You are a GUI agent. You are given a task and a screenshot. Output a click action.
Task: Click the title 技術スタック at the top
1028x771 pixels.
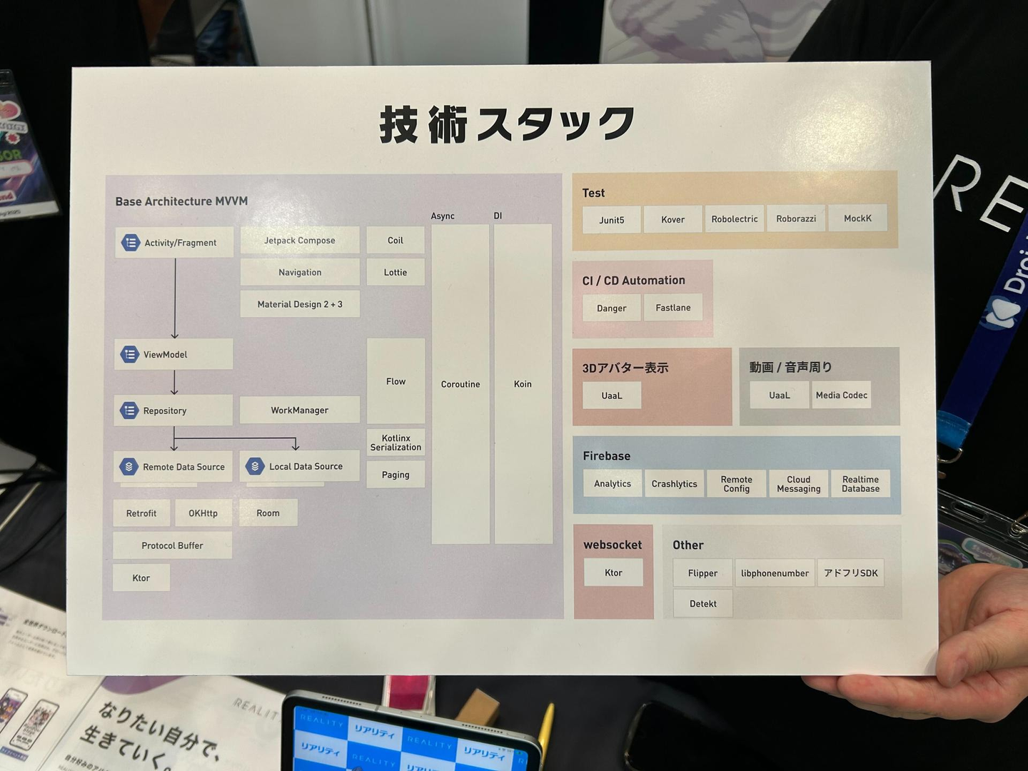pyautogui.click(x=507, y=124)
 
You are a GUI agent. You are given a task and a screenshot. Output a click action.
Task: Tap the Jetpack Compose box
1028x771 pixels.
pyautogui.click(x=300, y=241)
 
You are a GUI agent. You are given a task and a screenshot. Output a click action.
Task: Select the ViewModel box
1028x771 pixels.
pyautogui.click(x=173, y=354)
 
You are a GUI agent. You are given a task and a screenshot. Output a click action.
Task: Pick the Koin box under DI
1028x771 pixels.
pyautogui.click(x=523, y=384)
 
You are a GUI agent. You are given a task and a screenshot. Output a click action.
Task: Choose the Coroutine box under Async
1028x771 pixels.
pyautogui.click(x=460, y=384)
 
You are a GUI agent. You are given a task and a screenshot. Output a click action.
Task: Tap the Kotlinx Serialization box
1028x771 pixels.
pyautogui.click(x=395, y=443)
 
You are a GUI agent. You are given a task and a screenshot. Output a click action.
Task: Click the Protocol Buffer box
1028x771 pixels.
pyautogui.click(x=172, y=545)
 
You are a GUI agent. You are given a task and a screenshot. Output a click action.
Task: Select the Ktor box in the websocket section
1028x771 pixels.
pyautogui.click(x=613, y=573)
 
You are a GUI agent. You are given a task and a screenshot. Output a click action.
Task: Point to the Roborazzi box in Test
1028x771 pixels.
pyautogui.click(x=796, y=219)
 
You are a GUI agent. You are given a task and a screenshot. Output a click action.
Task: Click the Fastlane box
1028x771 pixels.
pyautogui.click(x=673, y=308)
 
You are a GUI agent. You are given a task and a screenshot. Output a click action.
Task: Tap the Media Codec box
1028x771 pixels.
pyautogui.click(x=842, y=395)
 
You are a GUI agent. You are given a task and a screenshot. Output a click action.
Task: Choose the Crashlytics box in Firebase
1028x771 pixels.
pyautogui.click(x=674, y=484)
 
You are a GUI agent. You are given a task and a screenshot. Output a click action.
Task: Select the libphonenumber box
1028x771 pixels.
pyautogui.click(x=775, y=573)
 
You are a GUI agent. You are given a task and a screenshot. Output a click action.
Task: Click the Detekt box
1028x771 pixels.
pyautogui.click(x=703, y=604)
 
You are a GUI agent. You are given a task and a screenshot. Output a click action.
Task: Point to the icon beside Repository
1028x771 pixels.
pyautogui.click(x=129, y=410)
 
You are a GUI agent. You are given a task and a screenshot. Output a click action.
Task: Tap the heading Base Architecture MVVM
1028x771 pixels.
pyautogui.click(x=181, y=201)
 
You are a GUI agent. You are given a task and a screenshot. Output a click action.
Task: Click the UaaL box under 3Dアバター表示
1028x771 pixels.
pyautogui.click(x=612, y=395)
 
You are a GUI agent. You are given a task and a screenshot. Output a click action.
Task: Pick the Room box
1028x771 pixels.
pyautogui.click(x=268, y=513)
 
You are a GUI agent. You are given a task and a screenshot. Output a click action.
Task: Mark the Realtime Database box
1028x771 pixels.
pyautogui.click(x=860, y=484)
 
